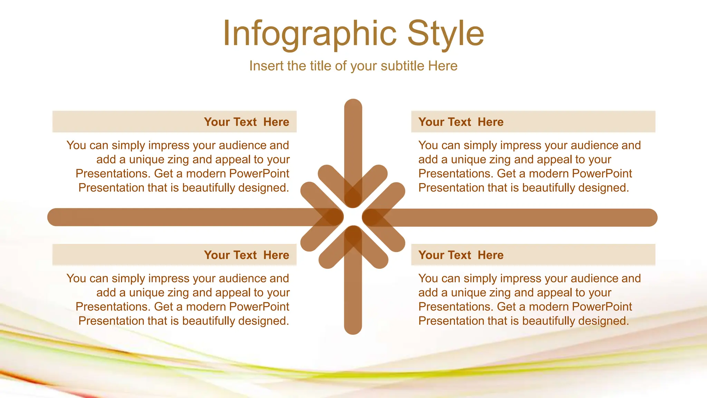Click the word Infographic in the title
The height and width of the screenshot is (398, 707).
pyautogui.click(x=309, y=34)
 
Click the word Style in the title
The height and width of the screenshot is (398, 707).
pyautogui.click(x=445, y=34)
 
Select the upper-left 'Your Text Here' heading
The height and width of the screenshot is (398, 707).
pyautogui.click(x=246, y=122)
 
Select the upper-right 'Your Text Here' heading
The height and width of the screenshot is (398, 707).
pyautogui.click(x=461, y=122)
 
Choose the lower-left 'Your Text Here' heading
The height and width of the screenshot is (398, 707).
pyautogui.click(x=246, y=255)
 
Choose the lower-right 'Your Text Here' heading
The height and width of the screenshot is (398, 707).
pyautogui.click(x=461, y=255)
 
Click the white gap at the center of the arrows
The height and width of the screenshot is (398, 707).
pyautogui.click(x=353, y=217)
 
